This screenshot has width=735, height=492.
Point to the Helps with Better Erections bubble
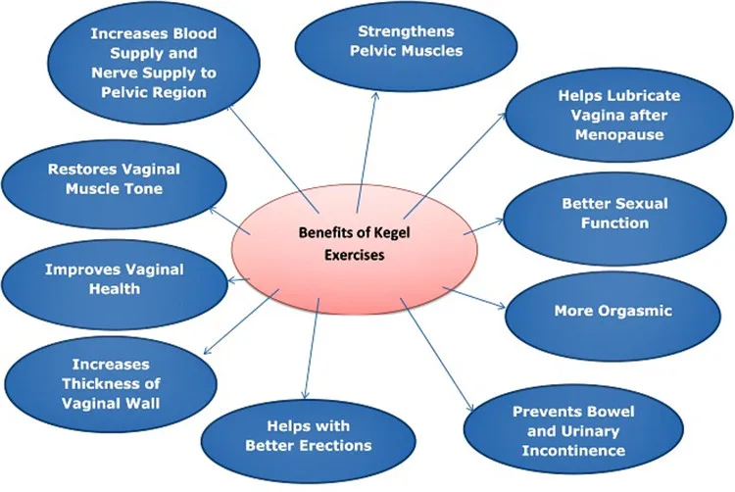click(x=307, y=436)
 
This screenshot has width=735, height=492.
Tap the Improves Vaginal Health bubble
click(x=99, y=279)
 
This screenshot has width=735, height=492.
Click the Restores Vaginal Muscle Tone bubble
click(x=114, y=177)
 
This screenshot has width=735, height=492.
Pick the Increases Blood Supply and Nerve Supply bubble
click(x=154, y=63)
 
